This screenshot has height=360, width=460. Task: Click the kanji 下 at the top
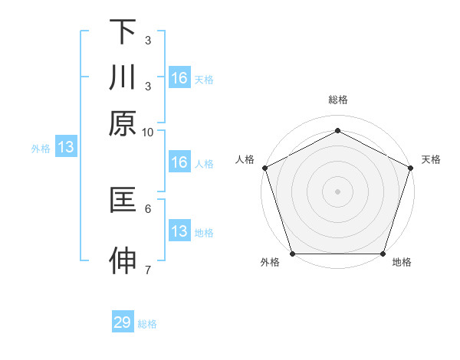pos(123,32)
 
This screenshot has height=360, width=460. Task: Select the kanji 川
pos(123,77)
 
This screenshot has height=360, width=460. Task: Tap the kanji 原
pos(123,123)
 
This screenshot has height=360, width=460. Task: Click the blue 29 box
pos(123,322)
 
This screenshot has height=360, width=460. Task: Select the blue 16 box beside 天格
pos(179,78)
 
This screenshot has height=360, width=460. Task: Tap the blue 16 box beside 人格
pos(179,162)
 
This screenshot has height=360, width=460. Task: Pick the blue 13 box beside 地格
pos(179,231)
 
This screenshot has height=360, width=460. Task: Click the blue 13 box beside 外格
pos(65,148)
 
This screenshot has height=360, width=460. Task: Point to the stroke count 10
pos(148,132)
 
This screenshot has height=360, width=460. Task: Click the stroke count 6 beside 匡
pos(148,208)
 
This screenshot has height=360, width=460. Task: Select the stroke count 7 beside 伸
pos(148,269)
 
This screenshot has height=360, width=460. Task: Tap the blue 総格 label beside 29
pos(147,324)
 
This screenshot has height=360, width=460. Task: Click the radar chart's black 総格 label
pos(338,100)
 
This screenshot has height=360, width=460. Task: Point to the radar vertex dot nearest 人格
pos(264,167)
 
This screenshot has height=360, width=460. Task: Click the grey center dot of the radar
pos(338,191)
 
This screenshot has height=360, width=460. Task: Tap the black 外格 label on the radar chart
pos(270,263)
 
